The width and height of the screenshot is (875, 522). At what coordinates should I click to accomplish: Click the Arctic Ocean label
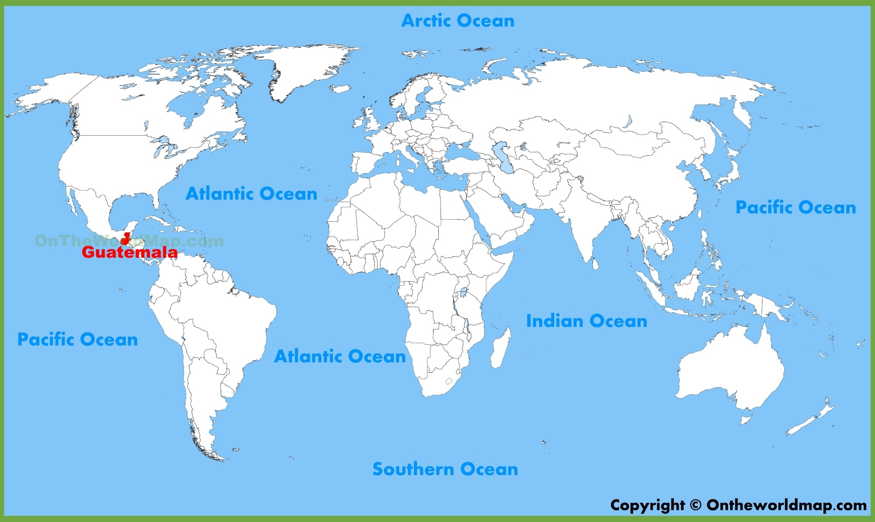click(458, 21)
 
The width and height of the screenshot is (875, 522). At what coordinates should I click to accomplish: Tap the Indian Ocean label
click(586, 321)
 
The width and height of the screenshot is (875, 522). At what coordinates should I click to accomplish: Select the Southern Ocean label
click(445, 469)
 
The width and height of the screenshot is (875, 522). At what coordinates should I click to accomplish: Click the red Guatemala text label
click(129, 252)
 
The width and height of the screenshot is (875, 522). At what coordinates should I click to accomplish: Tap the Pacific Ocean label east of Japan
click(795, 207)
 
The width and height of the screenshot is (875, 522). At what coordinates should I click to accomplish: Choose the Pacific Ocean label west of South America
click(77, 339)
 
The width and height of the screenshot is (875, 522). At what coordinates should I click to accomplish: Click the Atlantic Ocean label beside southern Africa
click(340, 356)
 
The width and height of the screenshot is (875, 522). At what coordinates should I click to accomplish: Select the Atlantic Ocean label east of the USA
click(251, 193)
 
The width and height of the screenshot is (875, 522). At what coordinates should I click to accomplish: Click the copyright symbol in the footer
click(695, 505)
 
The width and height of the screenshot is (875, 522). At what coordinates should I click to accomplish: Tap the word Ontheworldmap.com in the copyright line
click(786, 505)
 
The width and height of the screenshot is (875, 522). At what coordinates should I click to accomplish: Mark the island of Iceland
click(340, 88)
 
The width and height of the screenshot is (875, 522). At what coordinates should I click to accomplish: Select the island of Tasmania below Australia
click(746, 420)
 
